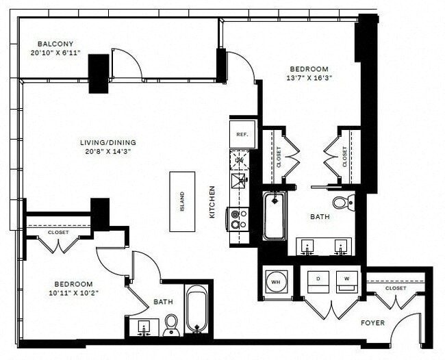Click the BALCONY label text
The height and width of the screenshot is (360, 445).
pos(51,42)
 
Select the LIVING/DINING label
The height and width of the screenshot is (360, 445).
pos(106,142)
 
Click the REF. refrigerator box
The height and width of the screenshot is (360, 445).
pos(242,135)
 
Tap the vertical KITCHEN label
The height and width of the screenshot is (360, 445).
pos(212,202)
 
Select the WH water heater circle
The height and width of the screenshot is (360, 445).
pos(276,281)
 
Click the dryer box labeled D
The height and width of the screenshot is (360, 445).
pos(318,281)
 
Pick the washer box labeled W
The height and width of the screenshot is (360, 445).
pos(346,281)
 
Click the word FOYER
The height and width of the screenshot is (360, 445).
pos(373,322)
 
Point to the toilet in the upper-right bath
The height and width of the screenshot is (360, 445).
pos(342,202)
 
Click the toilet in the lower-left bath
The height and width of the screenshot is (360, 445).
pos(171,326)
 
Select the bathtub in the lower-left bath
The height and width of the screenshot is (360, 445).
pos(196,309)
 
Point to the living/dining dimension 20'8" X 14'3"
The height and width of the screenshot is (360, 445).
pos(106,153)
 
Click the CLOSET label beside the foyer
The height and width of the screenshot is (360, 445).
pos(395,288)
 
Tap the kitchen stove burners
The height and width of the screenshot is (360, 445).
pos(237,218)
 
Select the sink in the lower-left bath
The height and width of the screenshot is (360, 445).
pos(144,326)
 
